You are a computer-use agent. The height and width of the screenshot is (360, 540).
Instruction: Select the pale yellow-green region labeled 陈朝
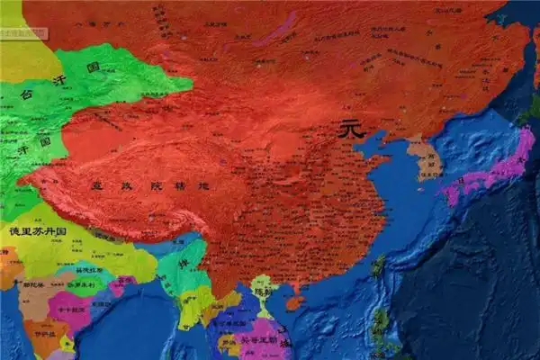[x=263, y=288]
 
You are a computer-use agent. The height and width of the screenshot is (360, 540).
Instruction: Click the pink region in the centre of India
[x=67, y=310]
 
